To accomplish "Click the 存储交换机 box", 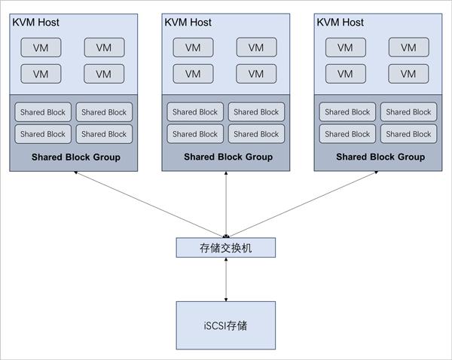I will [x=226, y=247].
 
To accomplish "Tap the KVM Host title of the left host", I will [x=35, y=23].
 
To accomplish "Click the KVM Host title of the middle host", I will [x=188, y=23].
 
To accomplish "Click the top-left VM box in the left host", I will [x=41, y=47].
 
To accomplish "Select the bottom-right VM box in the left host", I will [x=104, y=74].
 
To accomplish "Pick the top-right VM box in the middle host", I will [x=256, y=47].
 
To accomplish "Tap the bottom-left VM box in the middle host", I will [x=193, y=74].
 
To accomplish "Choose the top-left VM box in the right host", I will [x=345, y=47].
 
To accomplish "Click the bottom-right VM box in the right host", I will [x=408, y=74].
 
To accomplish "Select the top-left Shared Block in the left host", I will [x=43, y=112].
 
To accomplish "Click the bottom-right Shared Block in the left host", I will [x=104, y=134].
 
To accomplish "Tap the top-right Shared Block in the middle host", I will [x=256, y=112].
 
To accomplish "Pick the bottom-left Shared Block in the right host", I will [x=347, y=134].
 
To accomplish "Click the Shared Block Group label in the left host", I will [x=76, y=157].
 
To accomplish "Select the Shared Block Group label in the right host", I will [x=380, y=157].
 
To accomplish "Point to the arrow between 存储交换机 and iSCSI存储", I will [x=226, y=279].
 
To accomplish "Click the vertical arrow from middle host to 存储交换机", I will [x=226, y=203].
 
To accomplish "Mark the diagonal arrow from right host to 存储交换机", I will [x=301, y=204].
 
